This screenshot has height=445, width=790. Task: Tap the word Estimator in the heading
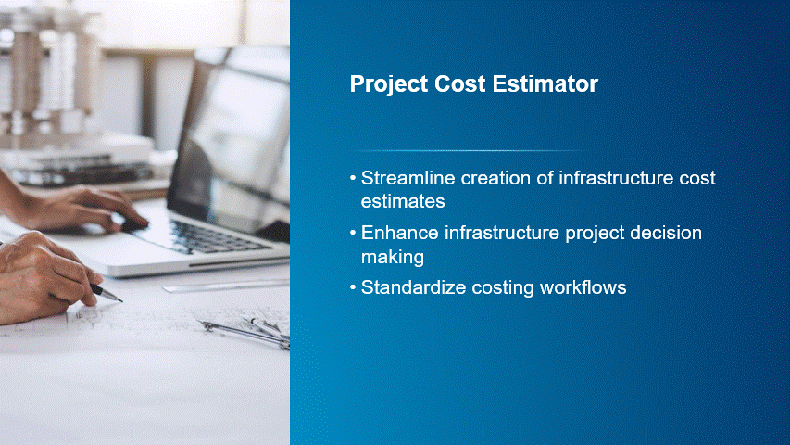(x=545, y=83)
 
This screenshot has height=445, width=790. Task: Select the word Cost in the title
(x=459, y=83)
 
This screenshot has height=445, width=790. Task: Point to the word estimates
(x=403, y=201)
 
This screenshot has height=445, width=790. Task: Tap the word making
(x=393, y=258)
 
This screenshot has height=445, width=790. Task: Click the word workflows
(x=583, y=287)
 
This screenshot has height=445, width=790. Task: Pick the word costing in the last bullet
(x=503, y=288)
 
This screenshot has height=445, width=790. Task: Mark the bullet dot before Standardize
(x=353, y=287)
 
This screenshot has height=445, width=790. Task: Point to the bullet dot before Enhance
(x=353, y=233)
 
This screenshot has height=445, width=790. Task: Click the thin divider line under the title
(x=472, y=150)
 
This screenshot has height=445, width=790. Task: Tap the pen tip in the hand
(x=119, y=301)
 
